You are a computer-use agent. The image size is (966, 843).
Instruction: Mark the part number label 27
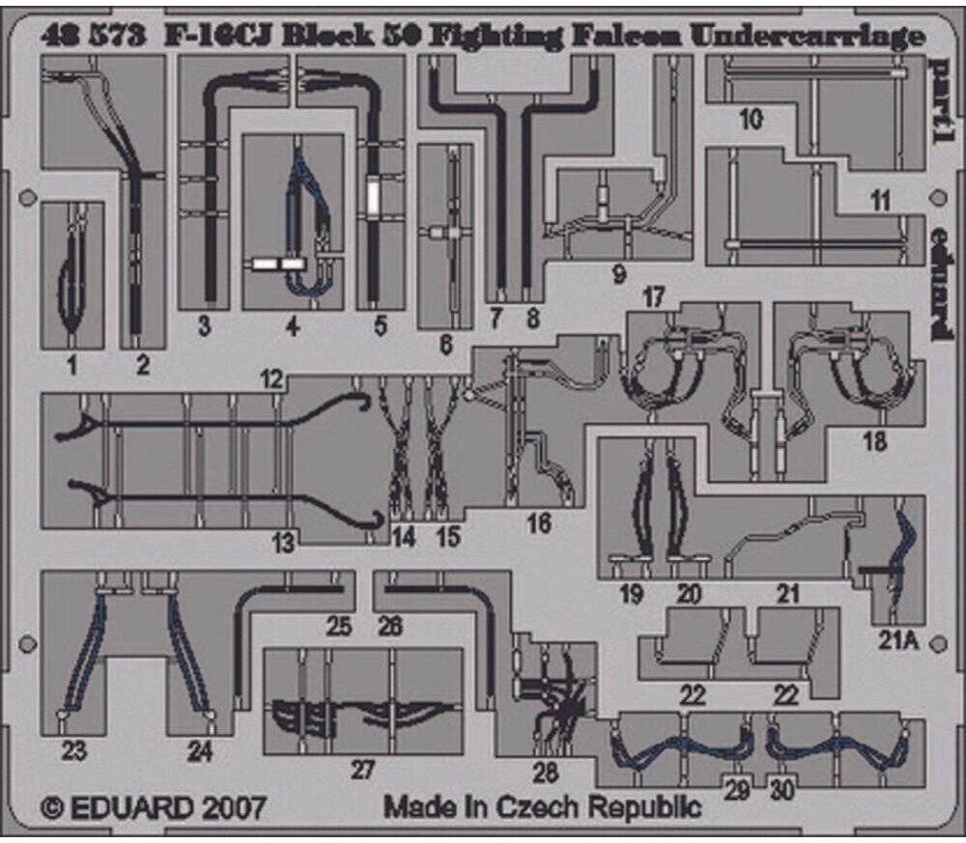(361, 770)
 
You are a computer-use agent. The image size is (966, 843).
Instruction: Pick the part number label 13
(282, 545)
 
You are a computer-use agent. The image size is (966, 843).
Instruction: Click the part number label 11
(879, 203)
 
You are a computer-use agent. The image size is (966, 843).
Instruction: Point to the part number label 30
(782, 789)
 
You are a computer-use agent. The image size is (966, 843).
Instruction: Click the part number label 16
(538, 523)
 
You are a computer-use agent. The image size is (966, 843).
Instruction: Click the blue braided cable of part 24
(189, 653)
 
